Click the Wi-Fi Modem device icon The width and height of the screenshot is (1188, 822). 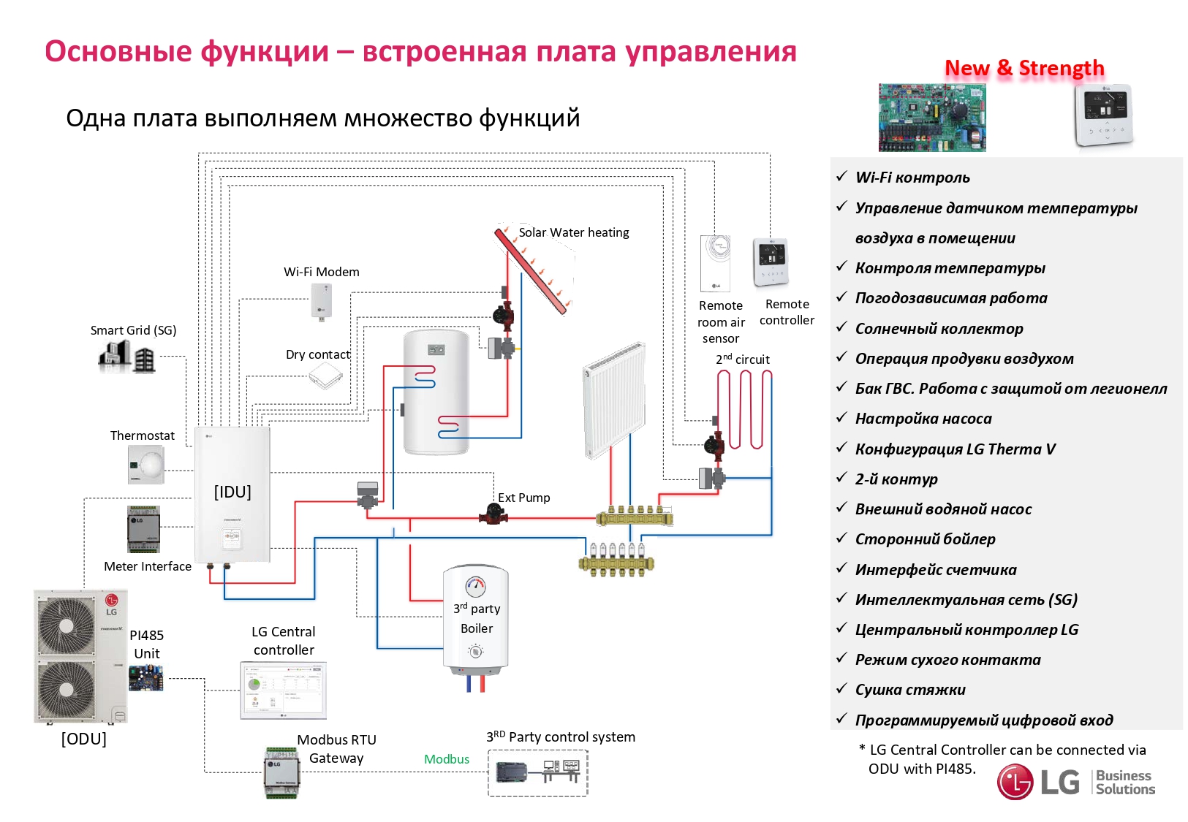(x=322, y=300)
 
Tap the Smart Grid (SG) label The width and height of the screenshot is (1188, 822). (x=133, y=330)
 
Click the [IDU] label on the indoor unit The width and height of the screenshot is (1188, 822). (x=232, y=492)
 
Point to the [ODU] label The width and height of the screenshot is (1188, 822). (x=83, y=739)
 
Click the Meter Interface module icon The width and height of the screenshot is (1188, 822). (x=143, y=529)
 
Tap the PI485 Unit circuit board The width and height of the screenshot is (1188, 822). (x=146, y=678)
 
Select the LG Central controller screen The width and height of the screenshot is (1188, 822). (x=284, y=690)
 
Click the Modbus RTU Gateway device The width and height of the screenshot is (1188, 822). (x=281, y=772)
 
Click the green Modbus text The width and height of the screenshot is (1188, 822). (x=447, y=759)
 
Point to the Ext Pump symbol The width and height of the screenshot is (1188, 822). (x=493, y=515)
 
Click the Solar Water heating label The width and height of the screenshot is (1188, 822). (x=574, y=232)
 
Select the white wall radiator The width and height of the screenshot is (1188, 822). (x=614, y=400)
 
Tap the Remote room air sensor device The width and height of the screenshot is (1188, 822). (x=715, y=264)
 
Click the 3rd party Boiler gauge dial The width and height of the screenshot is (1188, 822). (x=476, y=585)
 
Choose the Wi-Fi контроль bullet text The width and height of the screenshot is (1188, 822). (x=912, y=178)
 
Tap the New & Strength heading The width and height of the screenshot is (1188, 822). (x=1024, y=68)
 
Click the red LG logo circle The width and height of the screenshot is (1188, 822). (x=1015, y=782)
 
